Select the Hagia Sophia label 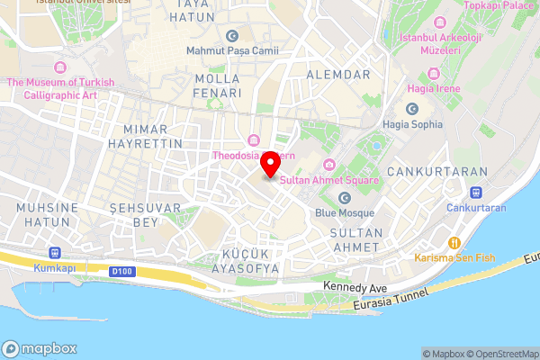tap(412, 123)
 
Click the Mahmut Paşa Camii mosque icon tap(233, 37)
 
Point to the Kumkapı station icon tap(55, 253)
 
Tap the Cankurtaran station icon tap(475, 192)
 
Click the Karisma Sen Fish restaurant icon tap(455, 242)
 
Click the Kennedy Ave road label tap(355, 286)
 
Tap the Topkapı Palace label tap(498, 5)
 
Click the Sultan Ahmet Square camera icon tap(329, 164)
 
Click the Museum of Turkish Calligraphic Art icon tap(60, 67)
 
